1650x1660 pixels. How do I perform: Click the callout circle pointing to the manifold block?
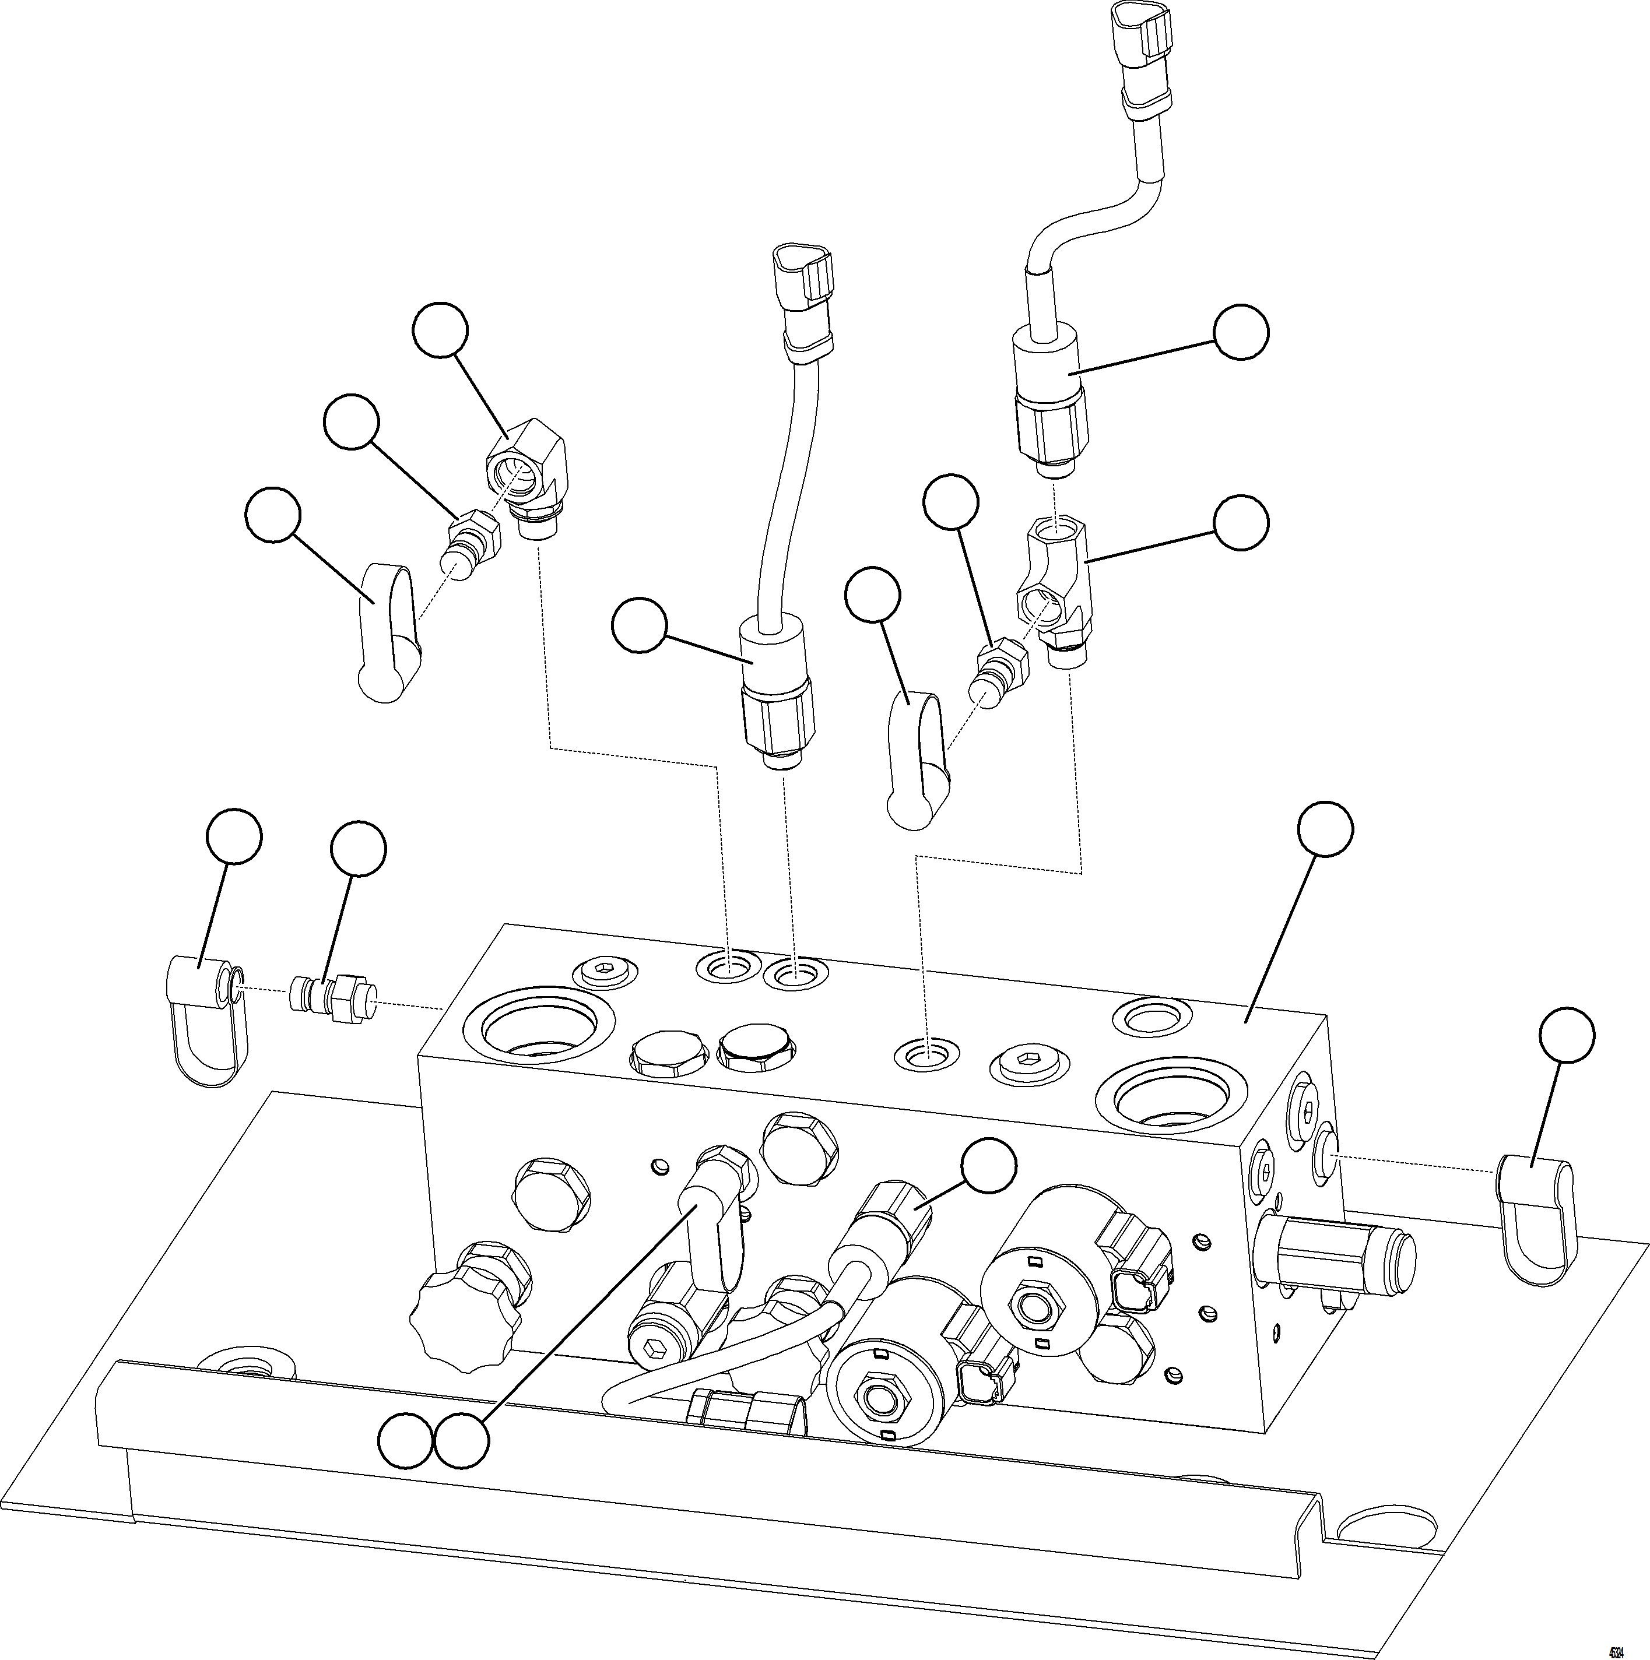point(1324,829)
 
